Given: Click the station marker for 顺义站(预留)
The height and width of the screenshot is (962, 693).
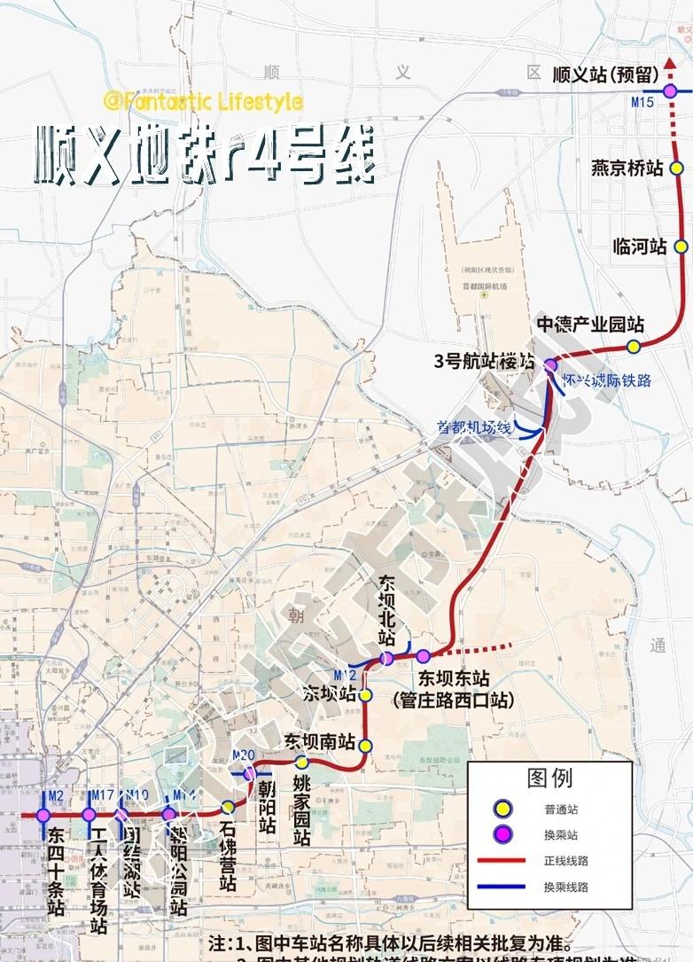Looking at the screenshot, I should pos(670,90).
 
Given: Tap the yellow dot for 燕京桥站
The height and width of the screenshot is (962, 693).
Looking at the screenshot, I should pos(677,168).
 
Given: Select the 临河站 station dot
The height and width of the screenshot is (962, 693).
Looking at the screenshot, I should pos(681,246).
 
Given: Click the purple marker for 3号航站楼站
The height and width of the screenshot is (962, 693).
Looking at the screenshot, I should pos(550,364).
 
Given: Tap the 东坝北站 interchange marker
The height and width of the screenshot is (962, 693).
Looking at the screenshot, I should pos(386,658).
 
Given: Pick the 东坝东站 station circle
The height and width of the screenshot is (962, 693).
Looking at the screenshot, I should pos(423,657).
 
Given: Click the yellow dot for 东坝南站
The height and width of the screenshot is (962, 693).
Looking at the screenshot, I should pos(365,746).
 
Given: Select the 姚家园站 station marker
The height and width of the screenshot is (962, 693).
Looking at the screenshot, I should pos(301,762).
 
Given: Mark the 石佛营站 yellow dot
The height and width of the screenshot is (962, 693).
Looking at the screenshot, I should pos(228,807).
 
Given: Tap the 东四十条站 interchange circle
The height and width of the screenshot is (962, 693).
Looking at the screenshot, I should pos(43,815).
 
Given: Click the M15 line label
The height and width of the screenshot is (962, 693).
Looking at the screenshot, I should pos(642,104).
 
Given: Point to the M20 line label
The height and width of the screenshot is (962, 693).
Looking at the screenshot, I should pos(243,755).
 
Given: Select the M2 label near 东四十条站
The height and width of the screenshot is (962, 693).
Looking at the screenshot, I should pos(56,795).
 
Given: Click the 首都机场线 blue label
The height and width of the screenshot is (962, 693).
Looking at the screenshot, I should pos(474,427).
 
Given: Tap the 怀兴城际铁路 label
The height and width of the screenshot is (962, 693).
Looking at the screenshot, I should pos(607,380).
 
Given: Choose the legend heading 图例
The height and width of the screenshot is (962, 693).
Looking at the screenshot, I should pos(549,778).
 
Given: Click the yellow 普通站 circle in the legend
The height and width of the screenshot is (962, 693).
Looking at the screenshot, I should pos(503,808).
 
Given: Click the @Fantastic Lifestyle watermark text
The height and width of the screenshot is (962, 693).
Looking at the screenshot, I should pos(203,103).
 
